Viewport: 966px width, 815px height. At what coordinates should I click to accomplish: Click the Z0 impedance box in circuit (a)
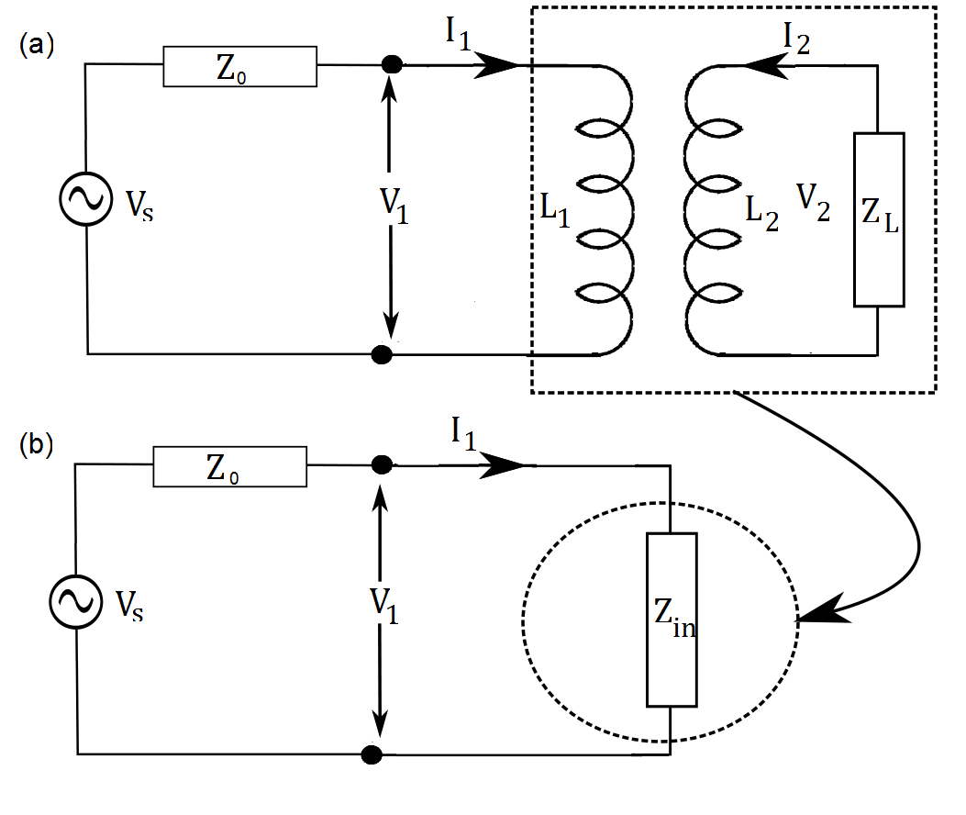(x=240, y=67)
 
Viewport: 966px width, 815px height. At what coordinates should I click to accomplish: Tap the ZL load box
(x=878, y=218)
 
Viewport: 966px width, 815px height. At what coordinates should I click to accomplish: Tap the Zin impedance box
(x=672, y=619)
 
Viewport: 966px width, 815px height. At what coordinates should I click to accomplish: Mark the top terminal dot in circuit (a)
(x=392, y=65)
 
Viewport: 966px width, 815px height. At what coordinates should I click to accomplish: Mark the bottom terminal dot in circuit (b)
(x=372, y=754)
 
